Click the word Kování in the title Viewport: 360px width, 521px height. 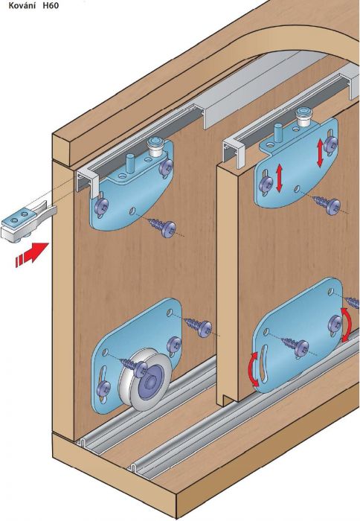(x=22, y=6)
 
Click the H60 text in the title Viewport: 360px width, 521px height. (x=51, y=6)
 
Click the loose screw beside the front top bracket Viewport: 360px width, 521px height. (x=164, y=227)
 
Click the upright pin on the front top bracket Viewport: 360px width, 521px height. (x=129, y=163)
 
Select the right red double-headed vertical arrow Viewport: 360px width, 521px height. (x=321, y=153)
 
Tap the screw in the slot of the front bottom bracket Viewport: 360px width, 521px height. (x=104, y=388)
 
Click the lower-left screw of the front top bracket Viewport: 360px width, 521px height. (x=100, y=206)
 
